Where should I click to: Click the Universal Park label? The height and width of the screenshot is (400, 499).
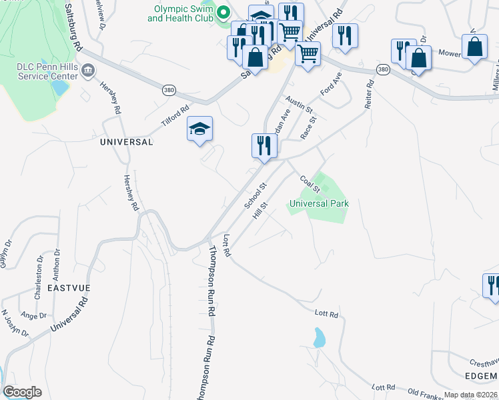[319, 203]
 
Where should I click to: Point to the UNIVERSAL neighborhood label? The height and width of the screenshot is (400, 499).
[126, 142]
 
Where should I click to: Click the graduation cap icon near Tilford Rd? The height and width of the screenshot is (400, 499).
[199, 129]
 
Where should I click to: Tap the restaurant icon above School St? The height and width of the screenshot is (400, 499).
[264, 146]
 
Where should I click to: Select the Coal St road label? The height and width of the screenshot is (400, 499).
[311, 185]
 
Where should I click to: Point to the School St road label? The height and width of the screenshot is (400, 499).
[255, 194]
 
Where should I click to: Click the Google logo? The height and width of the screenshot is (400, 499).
[23, 392]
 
